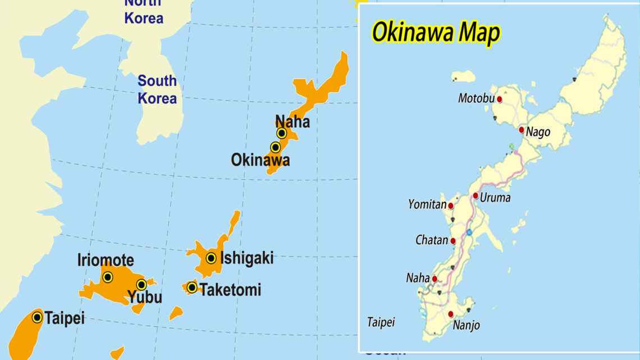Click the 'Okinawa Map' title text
point(436,34)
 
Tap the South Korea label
point(157,90)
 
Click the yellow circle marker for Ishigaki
point(211,258)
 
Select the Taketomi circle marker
point(192,288)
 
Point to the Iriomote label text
point(106,261)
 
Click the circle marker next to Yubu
point(141,285)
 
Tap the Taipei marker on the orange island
point(37,317)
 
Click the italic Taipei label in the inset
point(381,322)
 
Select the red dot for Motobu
point(500,99)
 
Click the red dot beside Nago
point(522,130)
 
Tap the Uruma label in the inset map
point(495,198)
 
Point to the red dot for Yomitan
point(451,206)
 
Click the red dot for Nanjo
point(451,314)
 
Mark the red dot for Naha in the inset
point(435,279)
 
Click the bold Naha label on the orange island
point(292,121)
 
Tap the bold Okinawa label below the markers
point(260,160)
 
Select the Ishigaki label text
point(247,258)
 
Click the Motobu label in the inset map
point(476,98)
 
